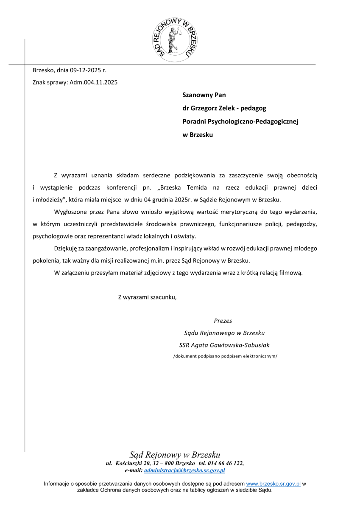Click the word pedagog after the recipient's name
coord(254,108)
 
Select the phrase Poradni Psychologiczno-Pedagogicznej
coord(240,122)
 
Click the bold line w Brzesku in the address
coord(198,135)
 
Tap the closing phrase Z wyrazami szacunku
coord(147,297)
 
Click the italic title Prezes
coord(223,321)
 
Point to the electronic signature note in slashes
coord(225,356)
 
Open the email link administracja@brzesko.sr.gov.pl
coord(184,470)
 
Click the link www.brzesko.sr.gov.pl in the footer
coord(273,484)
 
